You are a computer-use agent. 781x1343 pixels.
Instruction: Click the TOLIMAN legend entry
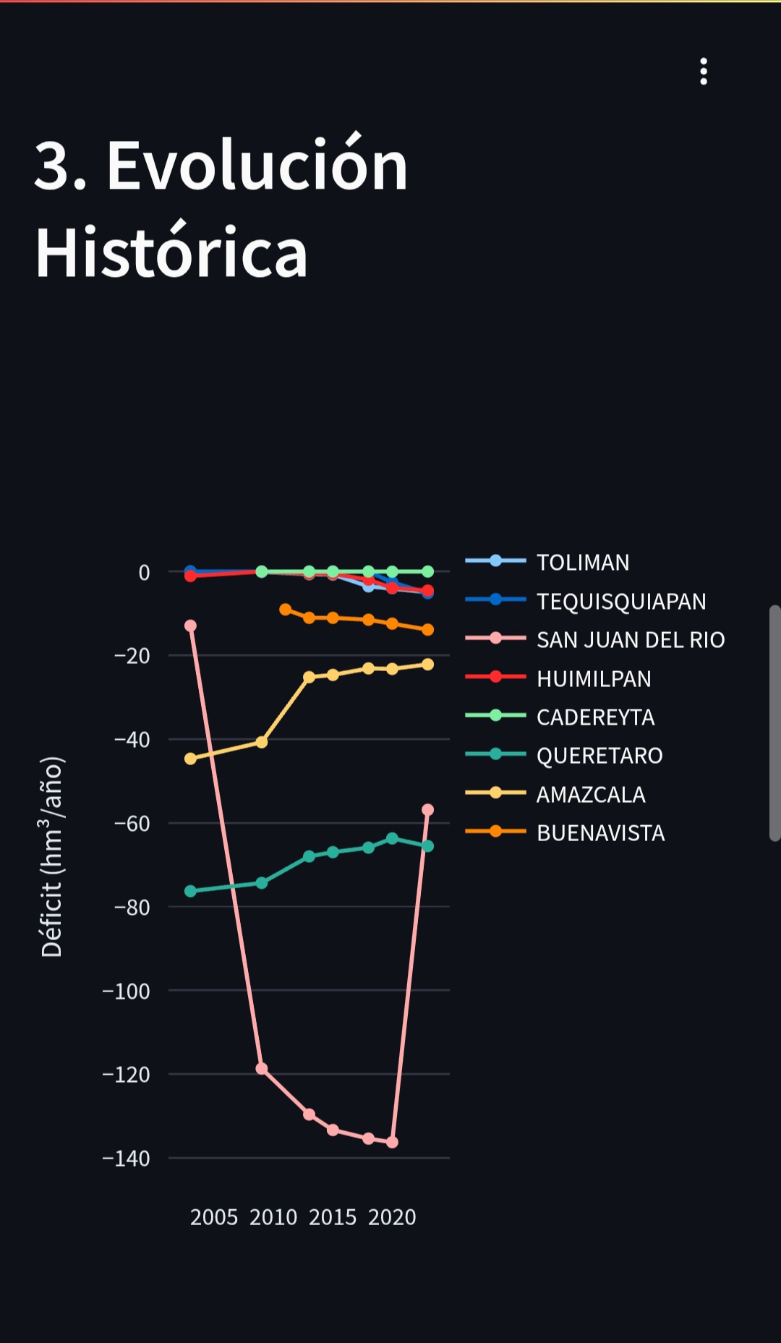click(583, 562)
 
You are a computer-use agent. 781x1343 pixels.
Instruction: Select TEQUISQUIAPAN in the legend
click(620, 601)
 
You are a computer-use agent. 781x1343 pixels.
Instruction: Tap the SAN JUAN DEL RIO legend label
click(630, 640)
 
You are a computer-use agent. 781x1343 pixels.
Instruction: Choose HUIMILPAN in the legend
click(594, 678)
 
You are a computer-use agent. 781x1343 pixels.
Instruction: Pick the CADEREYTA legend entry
click(595, 717)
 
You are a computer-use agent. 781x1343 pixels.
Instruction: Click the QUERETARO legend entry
click(599, 756)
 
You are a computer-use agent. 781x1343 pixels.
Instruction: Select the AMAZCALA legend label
click(591, 795)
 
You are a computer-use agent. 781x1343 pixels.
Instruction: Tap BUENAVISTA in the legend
click(600, 833)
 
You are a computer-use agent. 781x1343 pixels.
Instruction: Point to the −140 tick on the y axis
click(127, 1159)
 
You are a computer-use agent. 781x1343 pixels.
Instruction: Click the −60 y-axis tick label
click(132, 824)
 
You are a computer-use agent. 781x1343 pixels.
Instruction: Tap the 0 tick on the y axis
click(144, 573)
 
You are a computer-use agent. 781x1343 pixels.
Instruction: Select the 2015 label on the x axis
click(333, 1217)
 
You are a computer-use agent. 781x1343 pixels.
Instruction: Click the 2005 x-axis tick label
click(214, 1217)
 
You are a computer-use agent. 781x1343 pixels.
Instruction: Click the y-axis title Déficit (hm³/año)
click(52, 857)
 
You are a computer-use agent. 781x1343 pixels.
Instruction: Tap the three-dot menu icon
click(704, 72)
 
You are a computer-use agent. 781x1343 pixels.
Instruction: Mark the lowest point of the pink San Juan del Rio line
click(392, 1142)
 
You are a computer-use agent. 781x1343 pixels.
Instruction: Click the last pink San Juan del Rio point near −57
click(427, 809)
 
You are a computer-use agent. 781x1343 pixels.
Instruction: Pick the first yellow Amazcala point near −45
click(191, 759)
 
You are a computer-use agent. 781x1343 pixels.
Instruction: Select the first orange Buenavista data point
click(286, 610)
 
